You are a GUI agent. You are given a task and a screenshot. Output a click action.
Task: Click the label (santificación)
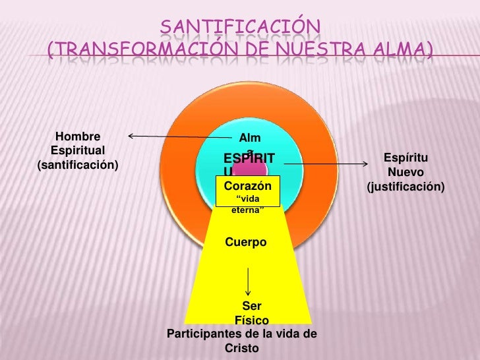[x=78, y=164]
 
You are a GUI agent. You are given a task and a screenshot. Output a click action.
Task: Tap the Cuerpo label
[x=246, y=243]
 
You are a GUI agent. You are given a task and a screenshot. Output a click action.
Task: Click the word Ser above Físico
[x=251, y=306]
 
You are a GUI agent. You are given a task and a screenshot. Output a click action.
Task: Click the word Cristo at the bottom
[x=242, y=348]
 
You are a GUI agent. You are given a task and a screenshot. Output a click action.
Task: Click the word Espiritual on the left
[x=78, y=151]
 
